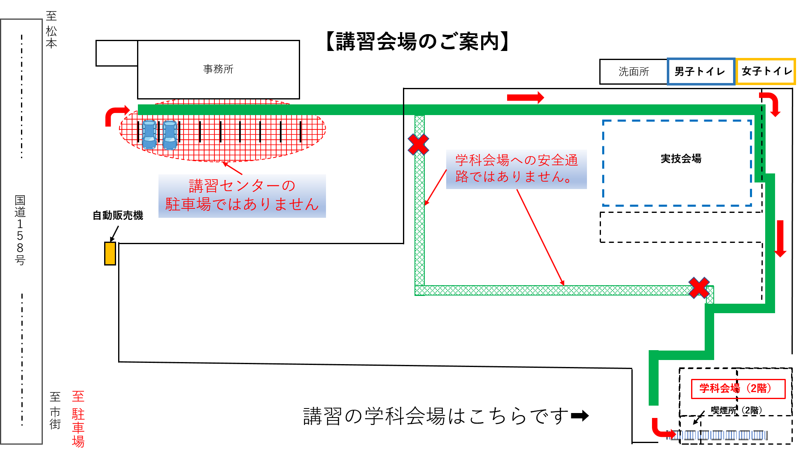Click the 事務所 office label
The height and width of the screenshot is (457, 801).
click(x=218, y=69)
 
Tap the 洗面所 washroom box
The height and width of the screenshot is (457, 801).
click(x=633, y=72)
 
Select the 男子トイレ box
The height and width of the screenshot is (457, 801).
click(x=700, y=72)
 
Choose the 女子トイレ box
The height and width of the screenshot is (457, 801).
click(x=766, y=72)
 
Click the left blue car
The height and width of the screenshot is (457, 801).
click(x=149, y=134)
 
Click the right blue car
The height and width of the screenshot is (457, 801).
click(x=170, y=135)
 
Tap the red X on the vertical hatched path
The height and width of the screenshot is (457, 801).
click(x=419, y=144)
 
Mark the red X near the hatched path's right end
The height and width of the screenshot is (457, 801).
click(x=699, y=287)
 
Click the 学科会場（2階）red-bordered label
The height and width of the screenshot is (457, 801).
click(x=738, y=389)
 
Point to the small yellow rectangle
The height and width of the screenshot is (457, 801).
click(x=110, y=253)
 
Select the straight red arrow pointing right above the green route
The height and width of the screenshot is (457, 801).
click(x=525, y=97)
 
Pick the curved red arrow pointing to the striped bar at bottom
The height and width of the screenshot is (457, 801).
click(x=661, y=430)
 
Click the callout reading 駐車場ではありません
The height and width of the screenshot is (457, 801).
click(x=242, y=196)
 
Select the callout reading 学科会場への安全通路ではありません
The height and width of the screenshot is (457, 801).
click(x=516, y=169)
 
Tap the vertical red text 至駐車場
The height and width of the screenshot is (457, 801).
click(x=78, y=419)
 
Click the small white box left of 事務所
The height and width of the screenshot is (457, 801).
click(x=117, y=53)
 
